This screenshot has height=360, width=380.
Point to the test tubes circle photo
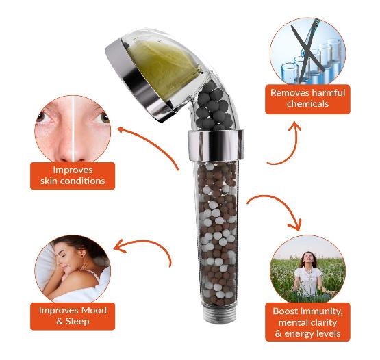coord(307,52)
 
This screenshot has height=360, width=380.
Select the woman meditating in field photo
coord(307,268)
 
